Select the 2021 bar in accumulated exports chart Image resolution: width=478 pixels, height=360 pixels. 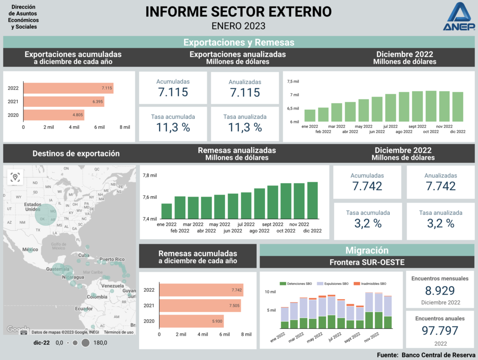[63, 101]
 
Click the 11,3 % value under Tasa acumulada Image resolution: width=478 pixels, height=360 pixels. [173, 127]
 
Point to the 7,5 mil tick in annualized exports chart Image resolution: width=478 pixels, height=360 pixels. [293, 81]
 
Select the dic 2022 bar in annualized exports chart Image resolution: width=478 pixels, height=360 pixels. [457, 107]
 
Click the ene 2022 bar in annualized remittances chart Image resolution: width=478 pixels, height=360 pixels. [166, 211]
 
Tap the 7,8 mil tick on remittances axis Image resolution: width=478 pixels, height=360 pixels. [150, 175]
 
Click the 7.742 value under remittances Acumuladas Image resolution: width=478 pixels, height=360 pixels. [367, 186]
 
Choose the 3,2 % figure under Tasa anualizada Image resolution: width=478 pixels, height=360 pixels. [441, 223]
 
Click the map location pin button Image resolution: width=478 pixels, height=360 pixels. [16, 177]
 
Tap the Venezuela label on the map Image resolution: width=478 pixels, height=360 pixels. [112, 285]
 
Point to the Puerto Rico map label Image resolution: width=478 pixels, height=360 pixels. [112, 259]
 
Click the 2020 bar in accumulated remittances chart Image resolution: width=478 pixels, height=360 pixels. [191, 321]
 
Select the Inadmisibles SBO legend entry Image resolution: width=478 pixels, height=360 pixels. [370, 283]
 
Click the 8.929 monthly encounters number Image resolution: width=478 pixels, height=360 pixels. [440, 291]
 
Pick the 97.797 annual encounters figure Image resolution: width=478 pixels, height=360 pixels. [440, 331]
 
